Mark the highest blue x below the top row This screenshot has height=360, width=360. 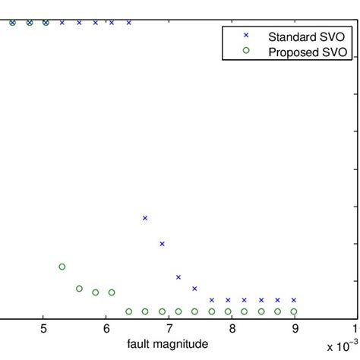(145, 218)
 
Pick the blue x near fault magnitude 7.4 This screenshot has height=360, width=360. (194, 289)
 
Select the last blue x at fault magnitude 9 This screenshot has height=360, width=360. (294, 300)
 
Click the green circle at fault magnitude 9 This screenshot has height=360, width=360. (294, 311)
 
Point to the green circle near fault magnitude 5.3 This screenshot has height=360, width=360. (62, 267)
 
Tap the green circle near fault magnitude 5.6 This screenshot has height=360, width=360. (79, 289)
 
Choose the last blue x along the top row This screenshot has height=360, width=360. (128, 23)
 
